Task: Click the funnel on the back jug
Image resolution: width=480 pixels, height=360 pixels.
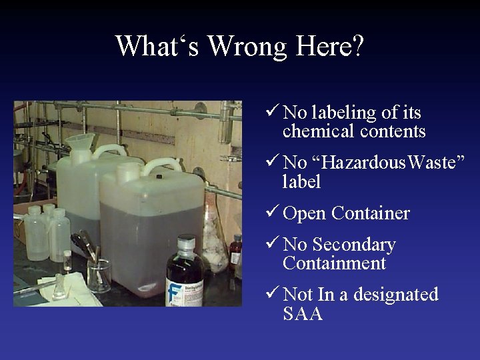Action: click(81, 141)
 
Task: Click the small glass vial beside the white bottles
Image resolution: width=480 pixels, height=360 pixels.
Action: click(67, 260)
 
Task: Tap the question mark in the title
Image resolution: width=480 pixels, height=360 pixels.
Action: click(357, 47)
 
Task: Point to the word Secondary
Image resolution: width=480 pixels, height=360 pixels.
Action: click(353, 245)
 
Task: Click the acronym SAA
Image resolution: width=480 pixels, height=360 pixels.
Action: click(303, 313)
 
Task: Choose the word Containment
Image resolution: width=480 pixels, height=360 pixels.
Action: click(334, 263)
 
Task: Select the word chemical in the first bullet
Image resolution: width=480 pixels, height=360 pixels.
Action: click(319, 131)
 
